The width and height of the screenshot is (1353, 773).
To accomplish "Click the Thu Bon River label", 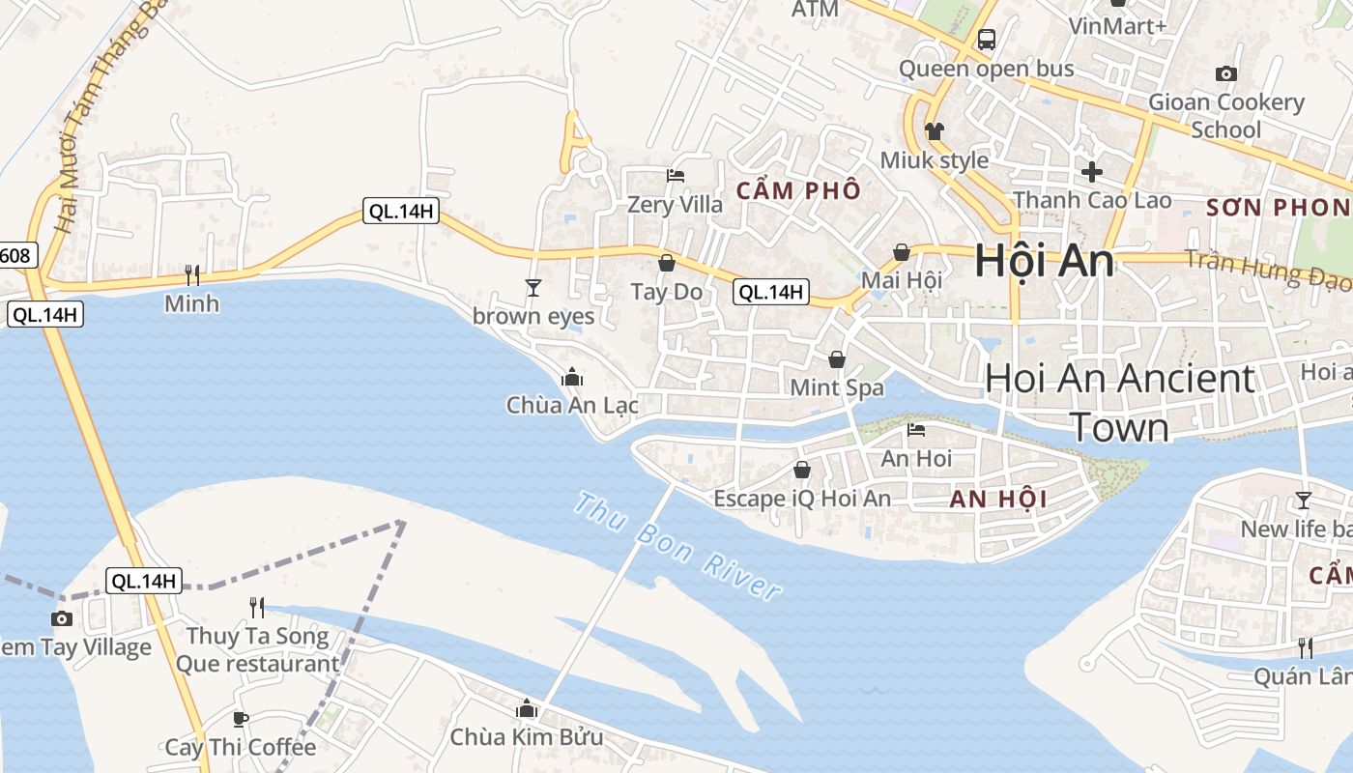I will pyautogui.click(x=676, y=546).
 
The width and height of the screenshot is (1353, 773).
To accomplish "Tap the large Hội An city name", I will pyautogui.click(x=1044, y=261).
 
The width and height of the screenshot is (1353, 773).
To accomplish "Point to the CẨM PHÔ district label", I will pyautogui.click(x=798, y=190).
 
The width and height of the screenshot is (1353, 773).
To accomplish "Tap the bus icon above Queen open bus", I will pyautogui.click(x=986, y=40).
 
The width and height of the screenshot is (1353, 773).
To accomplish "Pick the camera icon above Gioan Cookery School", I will pyautogui.click(x=1225, y=73).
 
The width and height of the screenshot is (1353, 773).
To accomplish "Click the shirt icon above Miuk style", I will pyautogui.click(x=934, y=130).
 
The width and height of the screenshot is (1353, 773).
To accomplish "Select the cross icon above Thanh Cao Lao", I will pyautogui.click(x=1092, y=172).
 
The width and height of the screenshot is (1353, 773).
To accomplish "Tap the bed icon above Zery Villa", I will pyautogui.click(x=676, y=176).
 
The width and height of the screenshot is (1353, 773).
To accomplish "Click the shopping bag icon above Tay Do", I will pyautogui.click(x=666, y=262).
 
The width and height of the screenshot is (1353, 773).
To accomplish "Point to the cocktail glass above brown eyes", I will pyautogui.click(x=533, y=287).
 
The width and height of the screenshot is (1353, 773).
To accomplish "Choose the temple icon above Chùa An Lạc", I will pyautogui.click(x=572, y=376).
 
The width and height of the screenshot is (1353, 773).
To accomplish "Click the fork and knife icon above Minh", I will pyautogui.click(x=192, y=275).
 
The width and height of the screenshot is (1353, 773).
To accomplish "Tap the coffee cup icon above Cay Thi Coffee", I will pyautogui.click(x=241, y=719).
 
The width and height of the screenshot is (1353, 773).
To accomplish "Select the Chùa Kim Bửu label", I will pyautogui.click(x=526, y=737).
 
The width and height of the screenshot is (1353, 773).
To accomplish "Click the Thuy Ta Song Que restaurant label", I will pyautogui.click(x=257, y=650).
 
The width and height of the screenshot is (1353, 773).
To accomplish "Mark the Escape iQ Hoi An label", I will pyautogui.click(x=802, y=499).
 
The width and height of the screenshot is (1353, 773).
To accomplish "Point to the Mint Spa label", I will pyautogui.click(x=837, y=387).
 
